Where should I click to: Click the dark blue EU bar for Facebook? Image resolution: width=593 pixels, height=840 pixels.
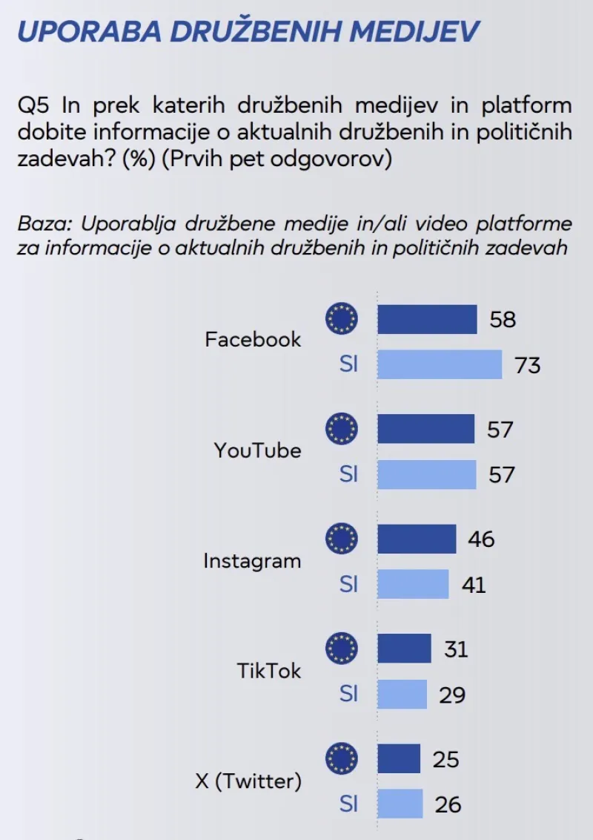pyautogui.click(x=427, y=320)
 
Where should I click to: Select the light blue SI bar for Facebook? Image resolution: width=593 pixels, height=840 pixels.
pyautogui.click(x=440, y=364)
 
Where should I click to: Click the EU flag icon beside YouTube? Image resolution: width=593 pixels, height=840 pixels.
pyautogui.click(x=342, y=429)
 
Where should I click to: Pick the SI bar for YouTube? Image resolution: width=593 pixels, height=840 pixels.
pyautogui.click(x=427, y=474)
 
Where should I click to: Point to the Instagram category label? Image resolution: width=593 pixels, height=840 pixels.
pyautogui.click(x=252, y=561)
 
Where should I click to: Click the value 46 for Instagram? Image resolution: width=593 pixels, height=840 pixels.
pyautogui.click(x=481, y=539)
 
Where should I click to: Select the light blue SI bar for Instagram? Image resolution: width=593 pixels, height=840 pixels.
pyautogui.click(x=413, y=584)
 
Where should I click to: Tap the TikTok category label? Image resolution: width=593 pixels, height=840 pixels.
pyautogui.click(x=269, y=671)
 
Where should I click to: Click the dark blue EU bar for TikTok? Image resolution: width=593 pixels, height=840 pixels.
pyautogui.click(x=404, y=649)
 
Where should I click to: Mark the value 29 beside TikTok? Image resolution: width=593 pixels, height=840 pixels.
pyautogui.click(x=451, y=695)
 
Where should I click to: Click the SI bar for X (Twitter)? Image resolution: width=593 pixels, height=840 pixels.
pyautogui.click(x=400, y=804)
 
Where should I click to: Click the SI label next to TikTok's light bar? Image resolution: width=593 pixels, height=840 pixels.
pyautogui.click(x=349, y=694)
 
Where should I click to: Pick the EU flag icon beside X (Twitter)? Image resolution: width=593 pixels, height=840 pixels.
pyautogui.click(x=342, y=758)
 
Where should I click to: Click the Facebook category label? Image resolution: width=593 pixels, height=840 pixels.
pyautogui.click(x=253, y=340)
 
